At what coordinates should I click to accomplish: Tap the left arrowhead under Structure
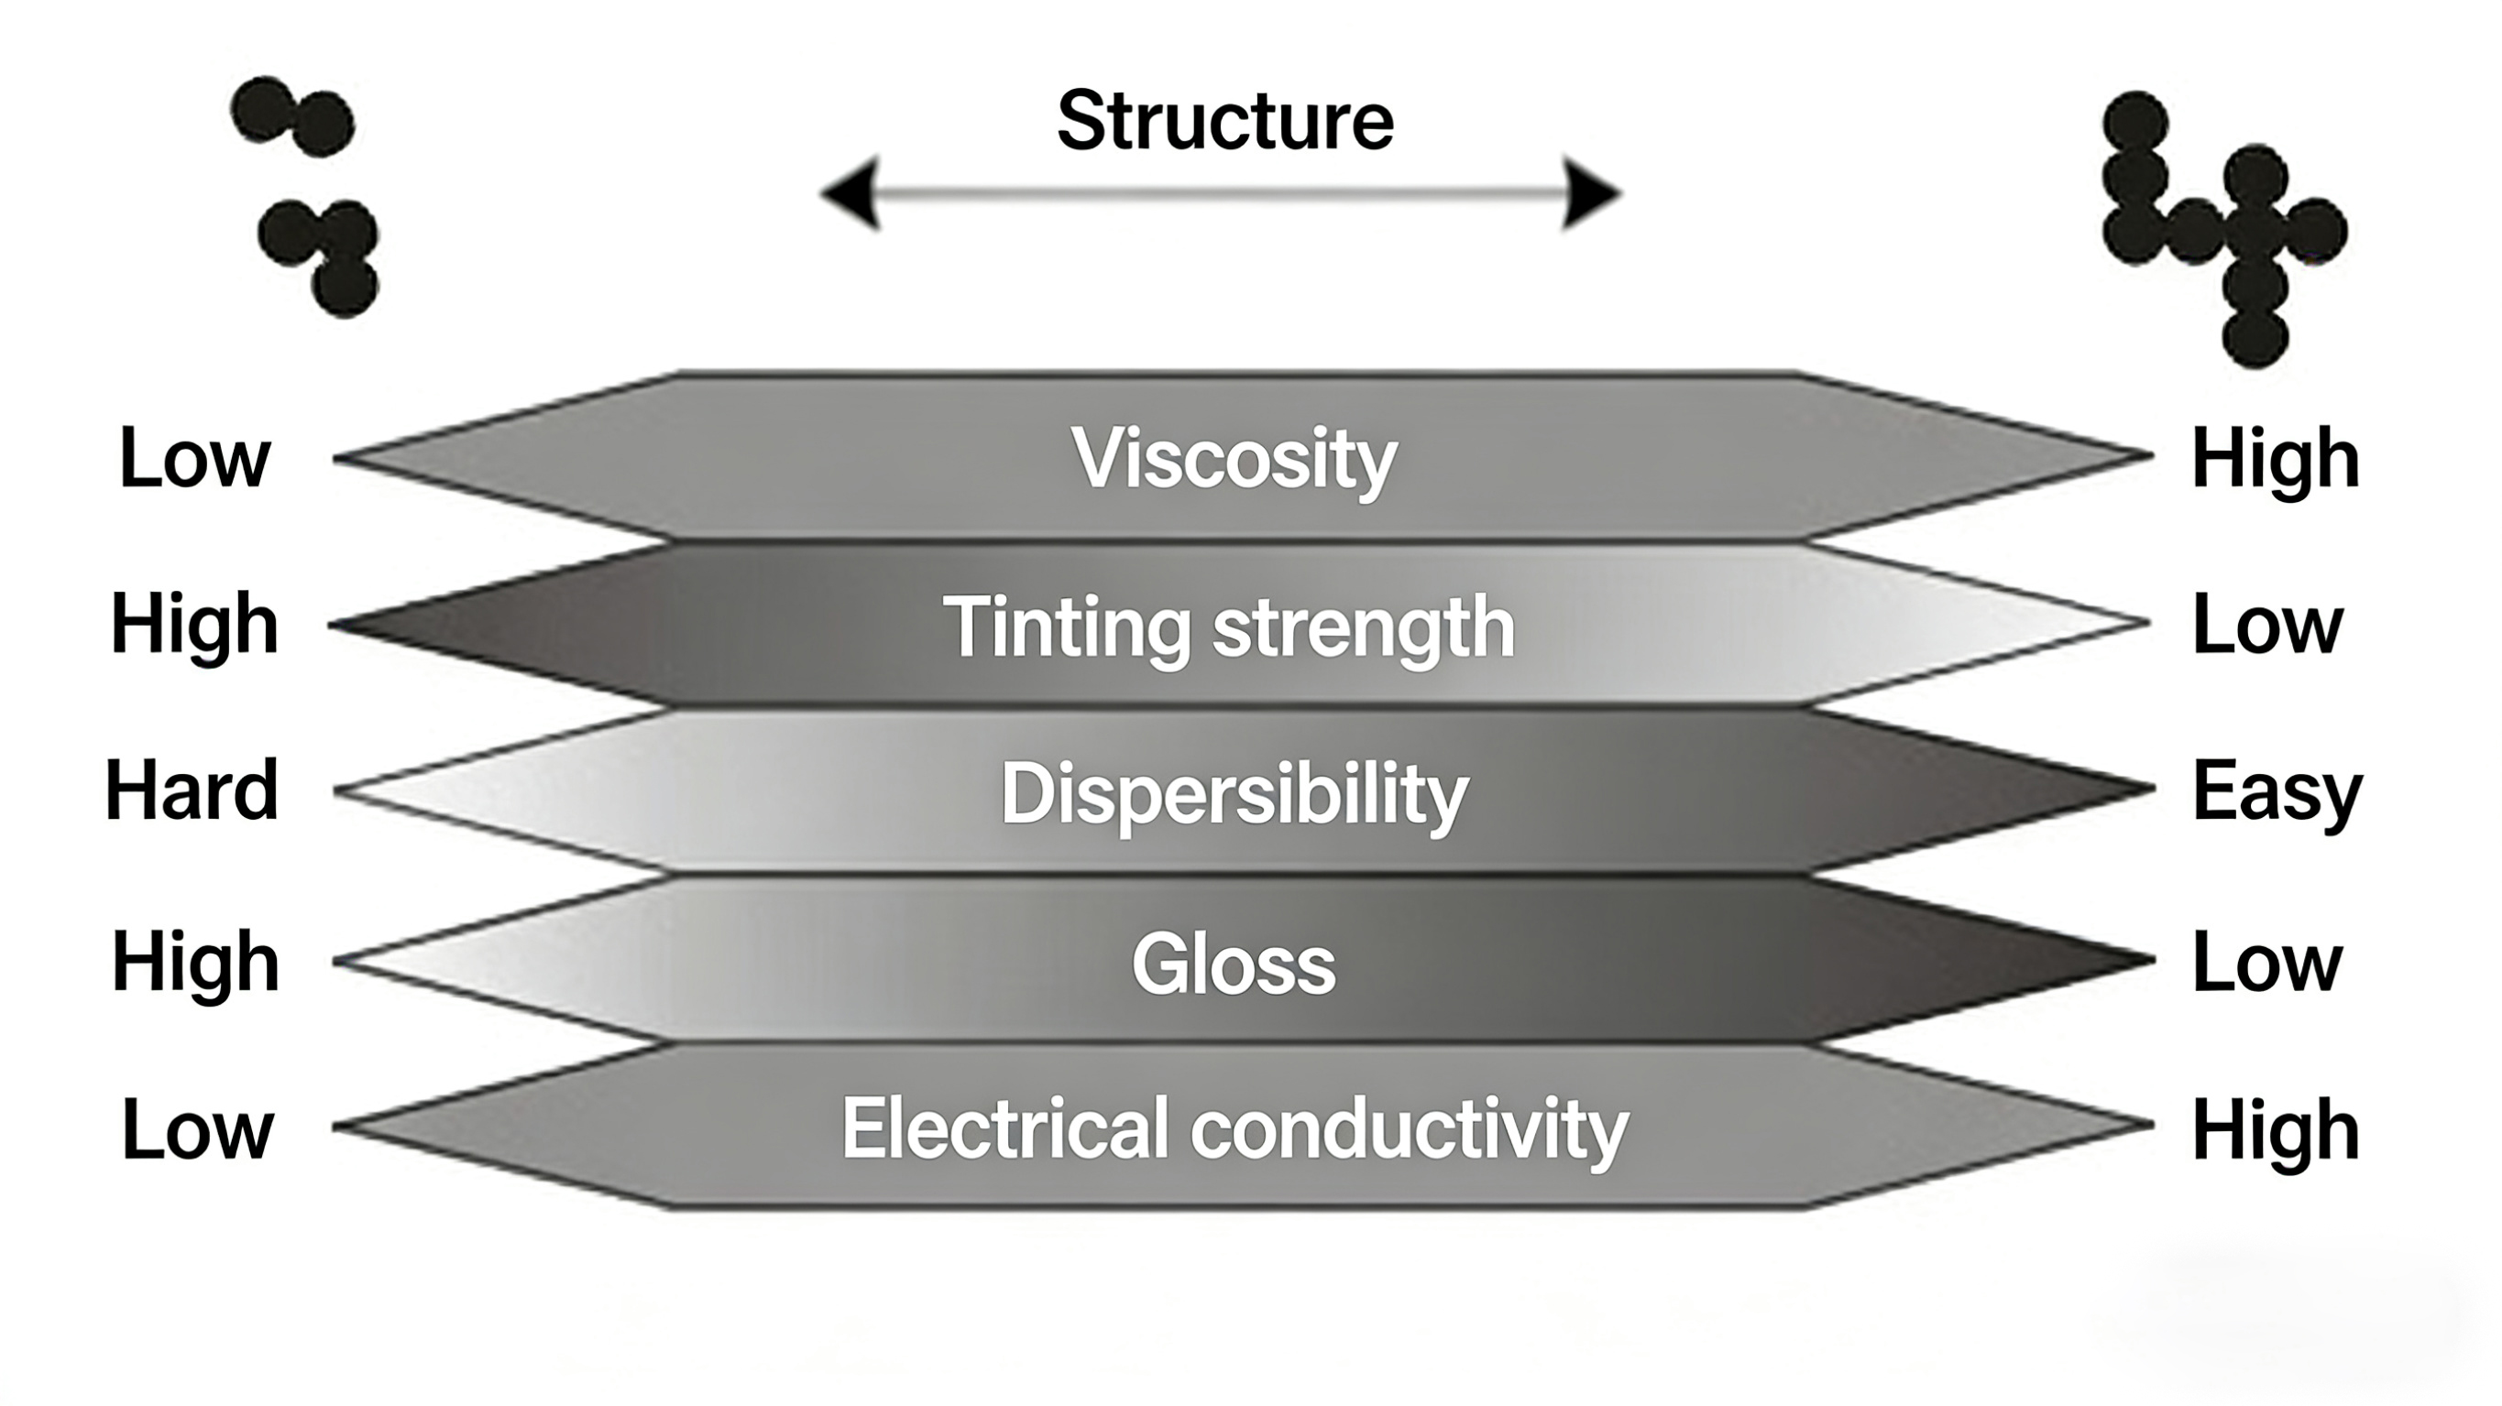852,193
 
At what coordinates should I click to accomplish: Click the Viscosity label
1234,458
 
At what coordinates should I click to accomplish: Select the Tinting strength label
1229,627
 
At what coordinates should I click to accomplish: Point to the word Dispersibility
1234,793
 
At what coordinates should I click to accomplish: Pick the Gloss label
1234,965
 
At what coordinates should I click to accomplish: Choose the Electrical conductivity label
1234,1128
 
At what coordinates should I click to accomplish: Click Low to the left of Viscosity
194,458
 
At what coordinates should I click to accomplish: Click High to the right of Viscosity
2275,458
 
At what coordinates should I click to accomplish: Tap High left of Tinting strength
194,625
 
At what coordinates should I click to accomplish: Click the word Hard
192,791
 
